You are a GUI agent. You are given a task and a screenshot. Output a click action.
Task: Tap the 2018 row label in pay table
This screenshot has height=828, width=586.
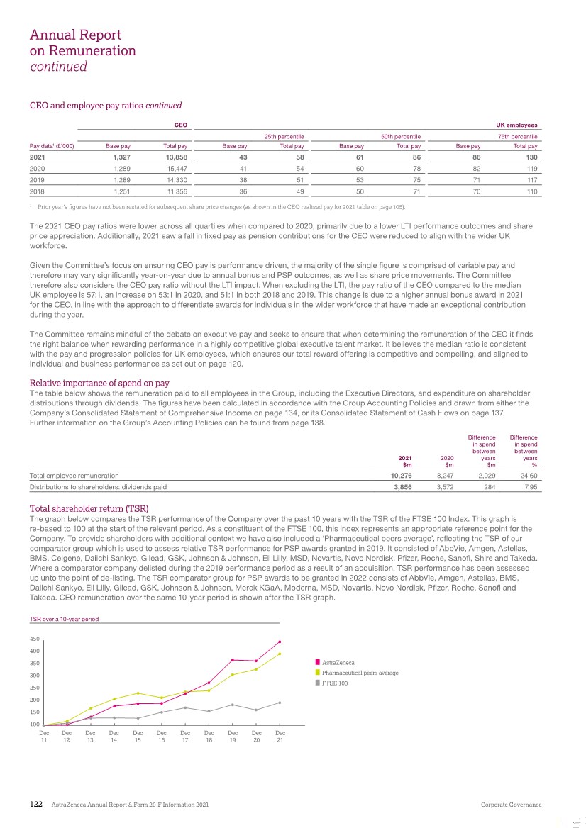point(36,191)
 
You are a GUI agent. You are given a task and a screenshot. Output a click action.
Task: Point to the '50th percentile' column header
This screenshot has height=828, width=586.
point(402,135)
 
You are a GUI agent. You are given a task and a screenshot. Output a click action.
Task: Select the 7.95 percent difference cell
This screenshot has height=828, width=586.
point(529,487)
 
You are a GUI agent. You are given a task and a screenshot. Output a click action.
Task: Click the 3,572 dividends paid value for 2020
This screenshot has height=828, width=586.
point(445,487)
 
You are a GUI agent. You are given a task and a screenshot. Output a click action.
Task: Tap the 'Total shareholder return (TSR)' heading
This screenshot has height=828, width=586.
point(89,508)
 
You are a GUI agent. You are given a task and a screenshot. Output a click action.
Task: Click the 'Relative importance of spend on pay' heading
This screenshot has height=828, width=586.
point(99,383)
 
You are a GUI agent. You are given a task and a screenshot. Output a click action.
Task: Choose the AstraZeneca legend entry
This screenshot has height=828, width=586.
point(338,662)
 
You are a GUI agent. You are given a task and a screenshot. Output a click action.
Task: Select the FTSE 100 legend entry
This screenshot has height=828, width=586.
point(335,683)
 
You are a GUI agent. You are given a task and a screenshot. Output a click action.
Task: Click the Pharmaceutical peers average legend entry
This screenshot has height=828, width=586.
point(360,673)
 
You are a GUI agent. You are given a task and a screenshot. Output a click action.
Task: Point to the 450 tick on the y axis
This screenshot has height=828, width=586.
point(35,639)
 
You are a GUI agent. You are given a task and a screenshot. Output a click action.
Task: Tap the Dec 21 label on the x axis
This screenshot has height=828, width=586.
point(280,737)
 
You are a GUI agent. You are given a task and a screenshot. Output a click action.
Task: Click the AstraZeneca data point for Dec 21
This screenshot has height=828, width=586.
point(280,642)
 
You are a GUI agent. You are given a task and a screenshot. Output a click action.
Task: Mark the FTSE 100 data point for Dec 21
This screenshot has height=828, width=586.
point(280,703)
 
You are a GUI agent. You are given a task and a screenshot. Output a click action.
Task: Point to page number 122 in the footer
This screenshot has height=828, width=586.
point(36,805)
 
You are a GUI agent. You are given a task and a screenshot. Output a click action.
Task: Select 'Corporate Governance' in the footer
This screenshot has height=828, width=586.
point(511,805)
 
